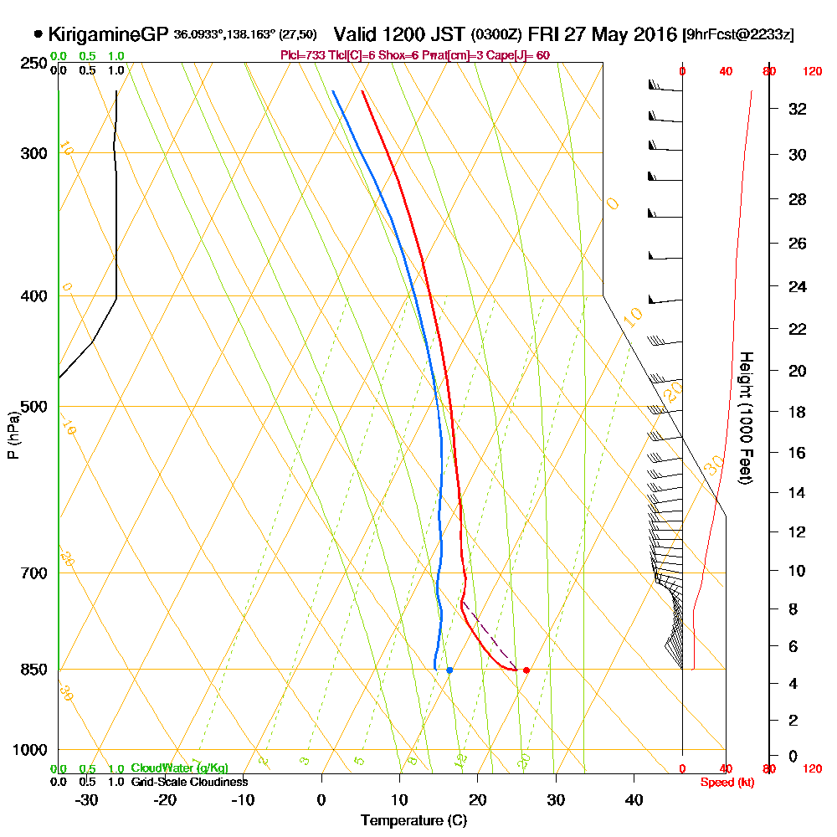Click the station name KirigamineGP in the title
pyautogui.click(x=109, y=34)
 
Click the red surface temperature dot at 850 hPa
pyautogui.click(x=526, y=670)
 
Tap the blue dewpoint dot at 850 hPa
pyautogui.click(x=449, y=670)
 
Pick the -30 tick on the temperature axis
pyautogui.click(x=87, y=799)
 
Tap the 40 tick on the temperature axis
pyautogui.click(x=634, y=799)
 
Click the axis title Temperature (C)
pyautogui.click(x=413, y=820)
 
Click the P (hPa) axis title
pyautogui.click(x=13, y=435)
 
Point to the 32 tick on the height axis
pyautogui.click(x=798, y=109)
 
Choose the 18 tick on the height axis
pyautogui.click(x=798, y=412)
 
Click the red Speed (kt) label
pyautogui.click(x=725, y=783)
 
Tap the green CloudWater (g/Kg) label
pyautogui.click(x=179, y=768)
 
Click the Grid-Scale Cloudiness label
pyautogui.click(x=188, y=782)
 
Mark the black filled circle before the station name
pyautogui.click(x=38, y=34)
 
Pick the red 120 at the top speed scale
pyautogui.click(x=811, y=71)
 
